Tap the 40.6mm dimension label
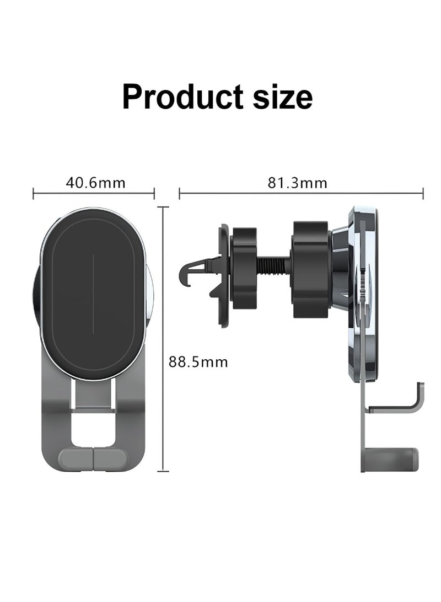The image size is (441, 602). [x=95, y=182]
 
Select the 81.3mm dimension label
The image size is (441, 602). [x=298, y=183]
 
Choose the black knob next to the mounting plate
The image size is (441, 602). [x=311, y=269]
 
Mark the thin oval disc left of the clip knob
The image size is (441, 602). [x=224, y=276]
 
